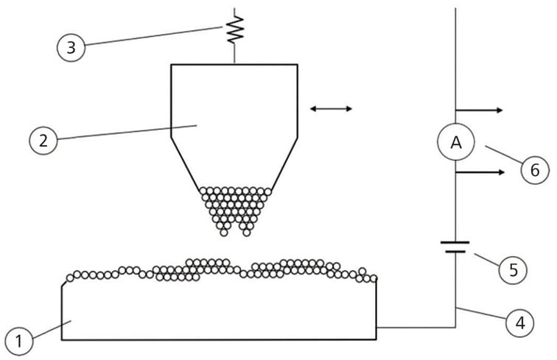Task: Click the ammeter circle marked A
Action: point(455,144)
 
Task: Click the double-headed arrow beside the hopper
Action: point(331,109)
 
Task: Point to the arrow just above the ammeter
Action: point(480,110)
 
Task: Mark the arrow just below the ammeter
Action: point(480,172)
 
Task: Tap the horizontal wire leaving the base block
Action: point(416,327)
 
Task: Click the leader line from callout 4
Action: point(482,314)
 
